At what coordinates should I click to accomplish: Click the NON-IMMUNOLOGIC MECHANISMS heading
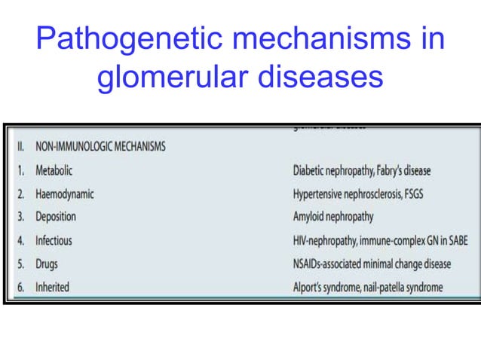pos(100,147)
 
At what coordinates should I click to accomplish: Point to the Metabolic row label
pos(54,170)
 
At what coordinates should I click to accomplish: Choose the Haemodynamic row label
pos(65,194)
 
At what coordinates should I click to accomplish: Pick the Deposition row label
pos(56,217)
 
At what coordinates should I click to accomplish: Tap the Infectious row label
pos(54,240)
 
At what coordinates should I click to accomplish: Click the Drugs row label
pos(47,264)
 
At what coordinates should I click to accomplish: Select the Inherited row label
pos(53,287)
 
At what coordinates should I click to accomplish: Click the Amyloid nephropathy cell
pos(333,217)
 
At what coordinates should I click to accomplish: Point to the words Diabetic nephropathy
pos(336,170)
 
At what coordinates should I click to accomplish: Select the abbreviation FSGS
pos(416,194)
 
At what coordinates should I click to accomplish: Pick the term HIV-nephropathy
pos(328,240)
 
